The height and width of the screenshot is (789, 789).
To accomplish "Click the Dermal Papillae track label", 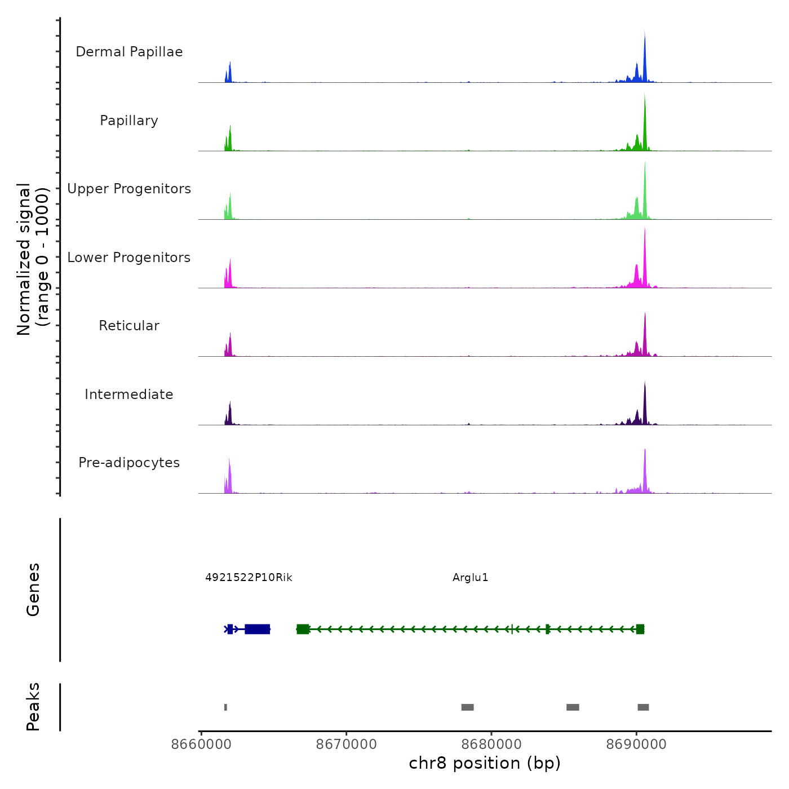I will (129, 52).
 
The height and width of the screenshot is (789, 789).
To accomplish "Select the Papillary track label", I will (129, 121).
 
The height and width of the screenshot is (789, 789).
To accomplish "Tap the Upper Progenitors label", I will (129, 189).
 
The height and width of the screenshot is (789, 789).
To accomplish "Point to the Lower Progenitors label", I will (129, 258).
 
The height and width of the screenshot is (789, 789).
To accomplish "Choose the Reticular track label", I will (129, 326).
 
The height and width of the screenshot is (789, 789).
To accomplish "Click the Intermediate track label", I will (129, 394).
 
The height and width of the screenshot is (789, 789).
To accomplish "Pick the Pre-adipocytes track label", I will (129, 463).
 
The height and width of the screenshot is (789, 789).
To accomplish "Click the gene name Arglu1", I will (470, 578).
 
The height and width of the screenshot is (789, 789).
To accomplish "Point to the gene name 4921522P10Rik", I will (249, 578).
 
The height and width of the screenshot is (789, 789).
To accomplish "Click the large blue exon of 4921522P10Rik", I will (258, 629).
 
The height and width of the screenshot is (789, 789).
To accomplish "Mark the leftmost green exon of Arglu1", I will (303, 629).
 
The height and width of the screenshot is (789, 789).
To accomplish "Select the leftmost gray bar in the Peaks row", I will (225, 707).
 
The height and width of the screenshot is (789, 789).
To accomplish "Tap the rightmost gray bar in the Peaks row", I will (643, 707).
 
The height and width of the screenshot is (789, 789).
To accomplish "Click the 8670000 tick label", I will (346, 744).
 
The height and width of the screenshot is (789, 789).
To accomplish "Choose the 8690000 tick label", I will (636, 744).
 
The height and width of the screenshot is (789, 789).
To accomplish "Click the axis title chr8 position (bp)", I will (485, 764).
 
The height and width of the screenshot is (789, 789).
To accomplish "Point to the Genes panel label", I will (33, 589).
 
